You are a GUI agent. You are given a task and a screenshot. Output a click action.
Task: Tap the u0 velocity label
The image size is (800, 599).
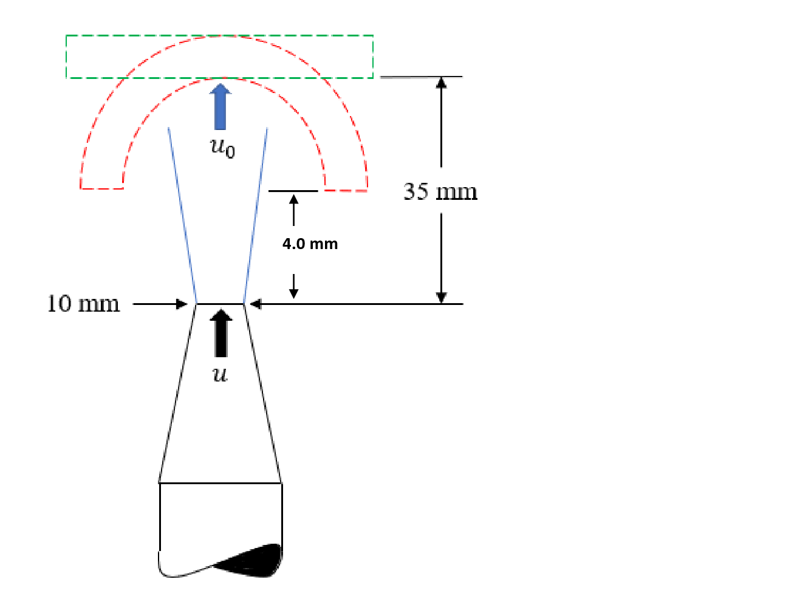222,148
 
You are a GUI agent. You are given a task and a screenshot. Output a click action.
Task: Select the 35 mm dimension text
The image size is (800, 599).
440,192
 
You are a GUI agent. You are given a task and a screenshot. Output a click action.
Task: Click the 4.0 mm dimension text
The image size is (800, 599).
310,244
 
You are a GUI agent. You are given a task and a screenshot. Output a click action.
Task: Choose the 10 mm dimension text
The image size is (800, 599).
83,304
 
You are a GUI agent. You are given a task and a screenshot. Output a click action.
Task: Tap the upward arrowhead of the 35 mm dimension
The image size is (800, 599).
442,83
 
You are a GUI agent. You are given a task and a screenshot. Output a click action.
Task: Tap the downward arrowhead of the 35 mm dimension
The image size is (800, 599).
442,298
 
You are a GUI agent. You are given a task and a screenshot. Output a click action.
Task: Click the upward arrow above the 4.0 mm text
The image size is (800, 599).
294,209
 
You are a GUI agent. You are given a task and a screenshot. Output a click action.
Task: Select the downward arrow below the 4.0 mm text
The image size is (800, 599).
294,287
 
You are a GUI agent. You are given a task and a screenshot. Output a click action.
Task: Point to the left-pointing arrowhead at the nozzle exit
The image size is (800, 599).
255,304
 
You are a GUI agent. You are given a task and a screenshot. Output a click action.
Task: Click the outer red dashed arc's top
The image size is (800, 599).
224,36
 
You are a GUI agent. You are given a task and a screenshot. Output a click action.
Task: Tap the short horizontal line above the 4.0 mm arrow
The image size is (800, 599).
293,191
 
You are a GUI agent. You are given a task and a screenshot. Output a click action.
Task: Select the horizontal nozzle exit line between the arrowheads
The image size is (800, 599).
220,304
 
